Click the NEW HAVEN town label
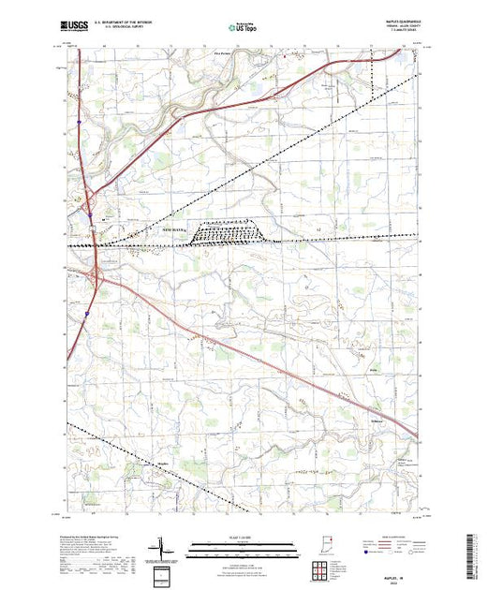point(175,229)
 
